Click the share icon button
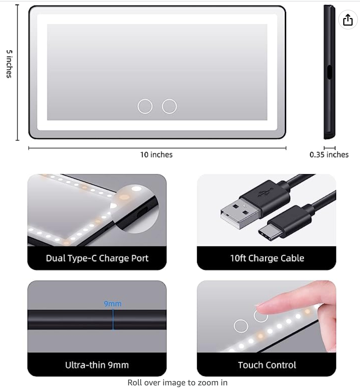348,20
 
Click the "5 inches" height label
9,64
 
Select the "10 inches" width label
156,155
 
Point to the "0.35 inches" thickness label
329,155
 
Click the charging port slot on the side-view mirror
329,72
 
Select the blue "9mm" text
113,304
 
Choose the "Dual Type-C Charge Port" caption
97,258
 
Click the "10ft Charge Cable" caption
267,258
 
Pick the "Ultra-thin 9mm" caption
97,365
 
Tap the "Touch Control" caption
267,365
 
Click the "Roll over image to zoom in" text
177,383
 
